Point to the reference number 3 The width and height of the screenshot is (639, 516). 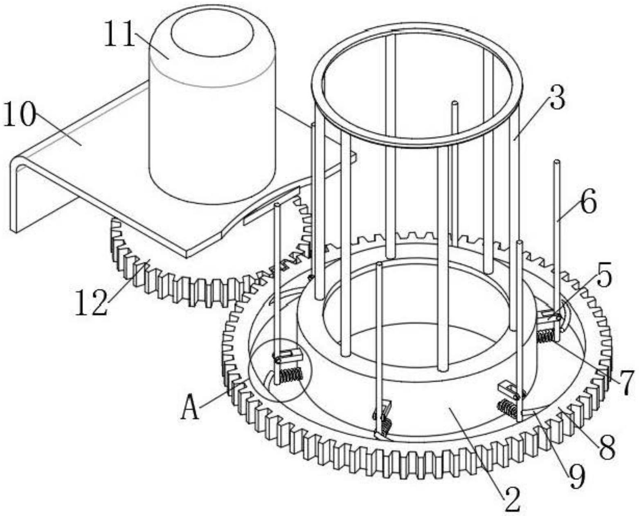pyautogui.click(x=557, y=99)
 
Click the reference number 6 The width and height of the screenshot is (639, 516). pyautogui.click(x=588, y=203)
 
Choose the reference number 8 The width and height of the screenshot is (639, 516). pyautogui.click(x=607, y=446)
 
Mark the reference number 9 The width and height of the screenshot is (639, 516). pyautogui.click(x=576, y=477)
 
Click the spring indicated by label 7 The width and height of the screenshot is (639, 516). pyautogui.click(x=545, y=336)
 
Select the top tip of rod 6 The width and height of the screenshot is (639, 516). pyautogui.click(x=557, y=162)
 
